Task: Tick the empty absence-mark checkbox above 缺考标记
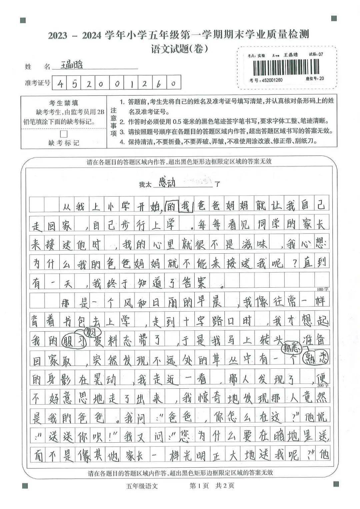coord(63,134)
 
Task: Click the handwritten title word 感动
coord(167,182)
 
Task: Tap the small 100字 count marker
coord(322,289)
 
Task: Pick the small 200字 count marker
coord(322,386)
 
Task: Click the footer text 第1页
coord(199,486)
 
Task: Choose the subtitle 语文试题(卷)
coord(180,49)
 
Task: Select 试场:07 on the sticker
coord(316,54)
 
